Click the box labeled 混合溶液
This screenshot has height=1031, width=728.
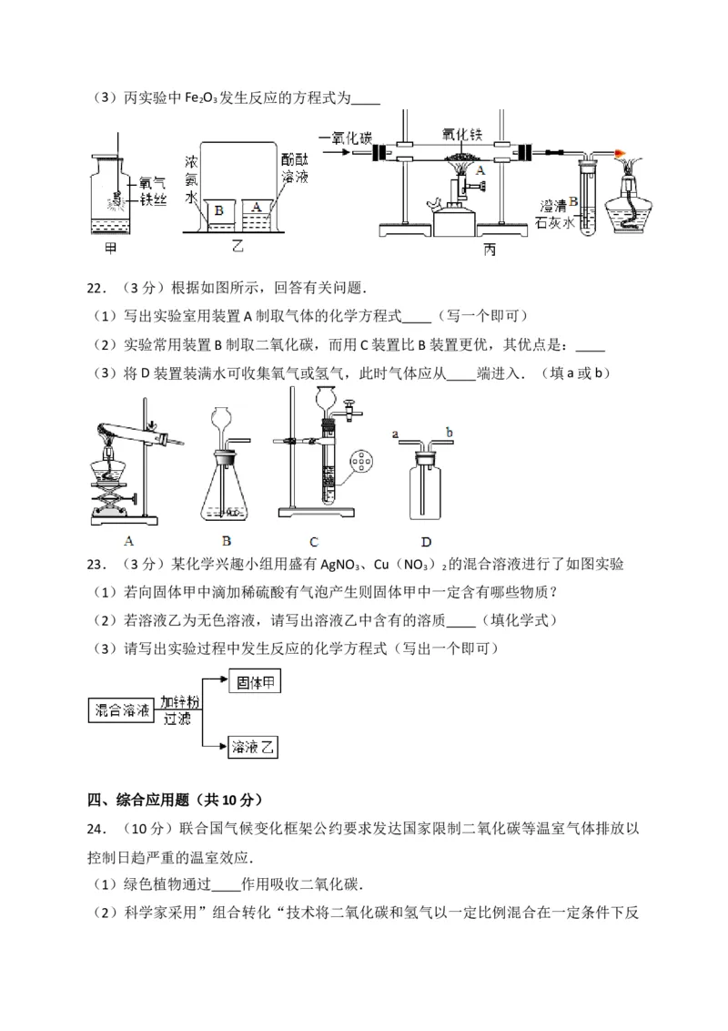pyautogui.click(x=122, y=710)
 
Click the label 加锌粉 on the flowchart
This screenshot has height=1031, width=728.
pyautogui.click(x=179, y=702)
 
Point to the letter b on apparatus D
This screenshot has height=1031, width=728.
pyautogui.click(x=450, y=433)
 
